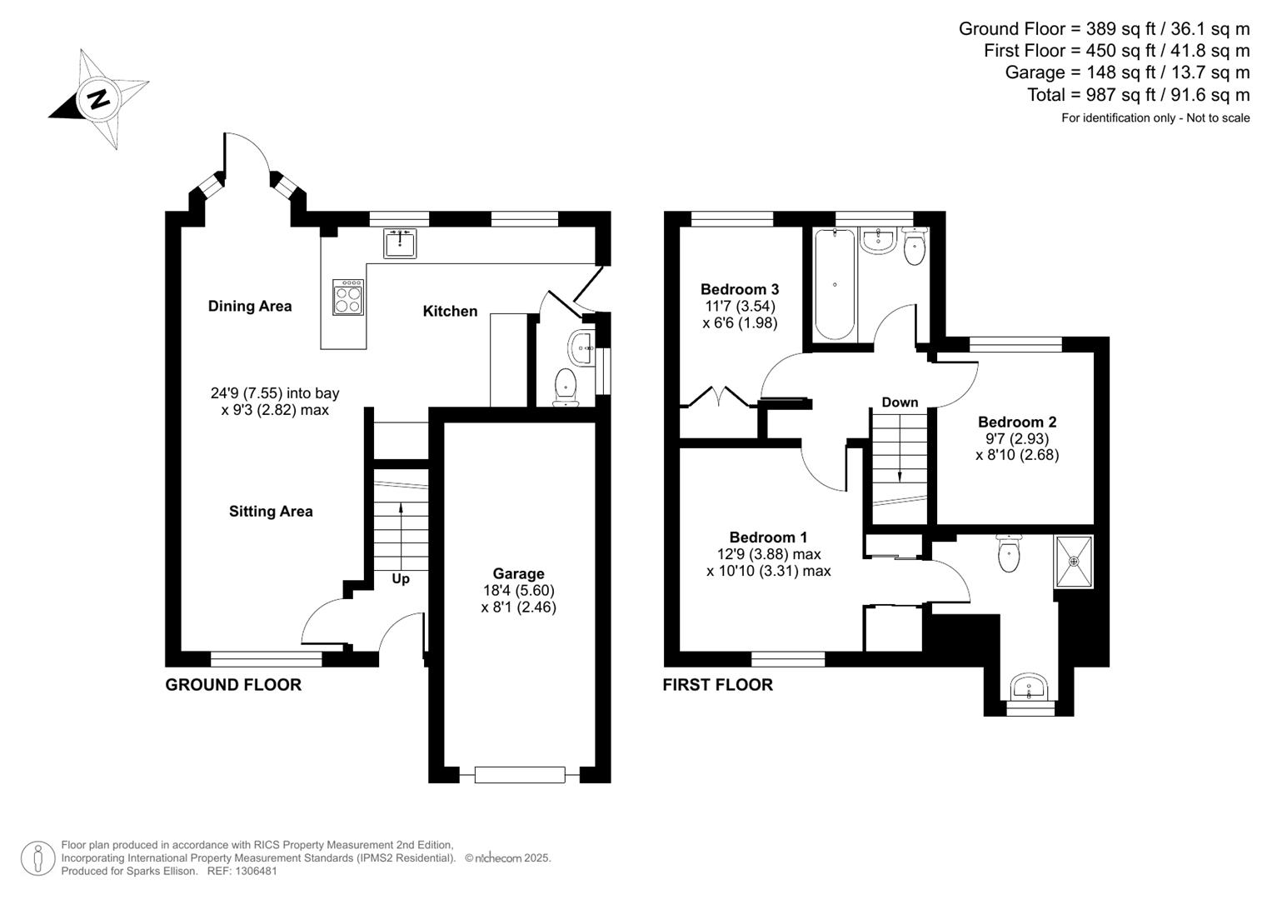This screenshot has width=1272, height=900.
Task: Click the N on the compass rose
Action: [100, 99]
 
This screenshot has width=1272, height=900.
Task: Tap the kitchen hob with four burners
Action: [348, 297]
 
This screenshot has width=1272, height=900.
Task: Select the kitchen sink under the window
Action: [400, 243]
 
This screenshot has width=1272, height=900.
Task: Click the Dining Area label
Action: [250, 307]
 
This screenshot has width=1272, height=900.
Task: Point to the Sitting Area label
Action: [271, 512]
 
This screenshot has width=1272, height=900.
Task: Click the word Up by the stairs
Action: [401, 579]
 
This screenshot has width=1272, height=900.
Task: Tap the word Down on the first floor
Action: [900, 402]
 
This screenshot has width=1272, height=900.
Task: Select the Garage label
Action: [518, 574]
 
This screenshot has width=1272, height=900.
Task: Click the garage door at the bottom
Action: [520, 775]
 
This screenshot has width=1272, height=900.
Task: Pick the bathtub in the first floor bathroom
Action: [835, 285]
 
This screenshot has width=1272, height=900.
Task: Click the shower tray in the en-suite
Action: [1074, 562]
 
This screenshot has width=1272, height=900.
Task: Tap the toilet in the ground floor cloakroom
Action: [566, 387]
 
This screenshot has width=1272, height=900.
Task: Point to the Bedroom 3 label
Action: [740, 289]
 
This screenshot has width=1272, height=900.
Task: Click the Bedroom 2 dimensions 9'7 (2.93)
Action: [1017, 438]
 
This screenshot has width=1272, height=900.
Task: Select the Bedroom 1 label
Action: [768, 537]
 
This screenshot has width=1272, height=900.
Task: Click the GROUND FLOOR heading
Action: [233, 685]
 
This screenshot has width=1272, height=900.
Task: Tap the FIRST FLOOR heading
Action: [718, 685]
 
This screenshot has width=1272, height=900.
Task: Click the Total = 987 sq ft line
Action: [1139, 94]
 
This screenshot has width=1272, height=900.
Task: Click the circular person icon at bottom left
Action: [38, 858]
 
